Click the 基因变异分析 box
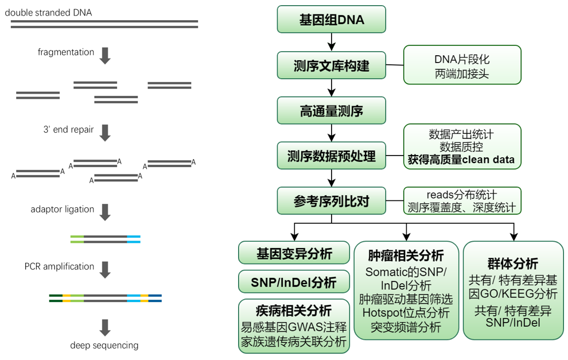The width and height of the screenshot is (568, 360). (294, 253)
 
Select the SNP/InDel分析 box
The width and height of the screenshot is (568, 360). (294, 282)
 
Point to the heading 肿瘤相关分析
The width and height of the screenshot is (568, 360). (406, 256)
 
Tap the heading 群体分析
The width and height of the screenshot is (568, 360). (513, 264)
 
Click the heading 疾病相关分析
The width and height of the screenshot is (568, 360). (294, 311)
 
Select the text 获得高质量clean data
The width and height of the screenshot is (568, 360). (462, 160)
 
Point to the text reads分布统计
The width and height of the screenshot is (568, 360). (462, 194)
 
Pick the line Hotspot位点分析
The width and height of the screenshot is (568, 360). (406, 313)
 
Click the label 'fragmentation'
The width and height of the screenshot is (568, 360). (66, 52)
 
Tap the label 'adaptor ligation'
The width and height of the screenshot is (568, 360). (63, 209)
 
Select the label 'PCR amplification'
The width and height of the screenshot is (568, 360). (59, 266)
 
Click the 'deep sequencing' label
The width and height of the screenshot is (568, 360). (104, 345)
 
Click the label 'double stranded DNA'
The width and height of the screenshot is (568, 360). (51, 13)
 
